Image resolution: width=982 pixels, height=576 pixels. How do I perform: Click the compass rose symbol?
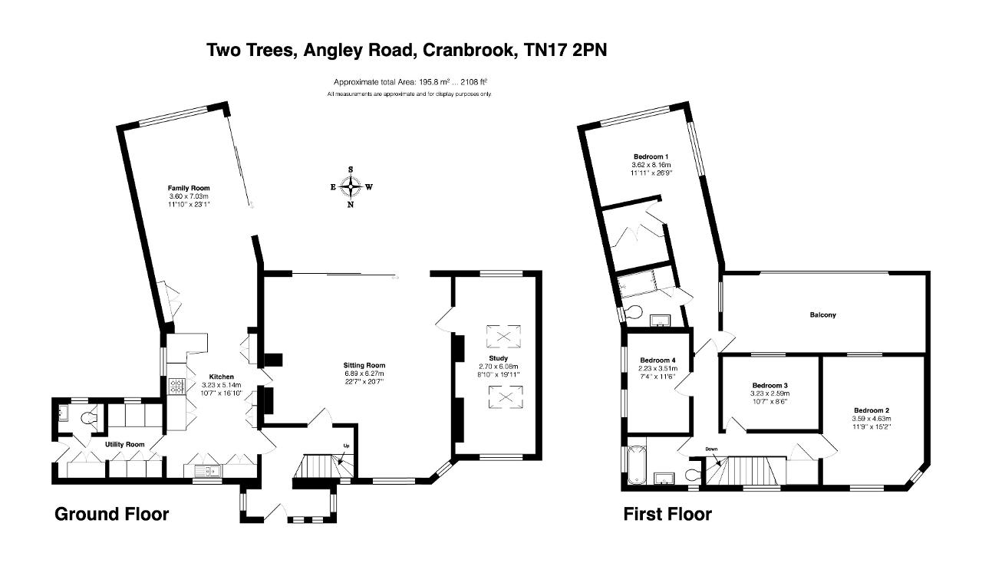351,187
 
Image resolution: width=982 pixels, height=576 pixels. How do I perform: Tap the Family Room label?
189,188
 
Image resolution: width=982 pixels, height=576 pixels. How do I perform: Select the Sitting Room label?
364,365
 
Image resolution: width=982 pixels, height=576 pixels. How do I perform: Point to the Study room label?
498,358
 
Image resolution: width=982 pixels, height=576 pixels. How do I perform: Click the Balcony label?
823,314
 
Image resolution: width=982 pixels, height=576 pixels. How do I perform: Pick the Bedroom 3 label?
769,386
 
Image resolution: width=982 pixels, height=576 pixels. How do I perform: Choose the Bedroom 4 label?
657,360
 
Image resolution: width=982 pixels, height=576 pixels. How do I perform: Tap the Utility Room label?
124,444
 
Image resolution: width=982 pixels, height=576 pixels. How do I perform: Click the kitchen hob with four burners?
176,387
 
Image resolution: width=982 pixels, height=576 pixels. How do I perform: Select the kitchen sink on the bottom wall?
209,471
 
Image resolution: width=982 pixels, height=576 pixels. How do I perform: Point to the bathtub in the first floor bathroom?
637,465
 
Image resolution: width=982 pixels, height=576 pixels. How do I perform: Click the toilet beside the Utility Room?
90,418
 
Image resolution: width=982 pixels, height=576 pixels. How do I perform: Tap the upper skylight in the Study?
503,336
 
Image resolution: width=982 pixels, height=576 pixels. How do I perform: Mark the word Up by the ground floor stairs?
346,446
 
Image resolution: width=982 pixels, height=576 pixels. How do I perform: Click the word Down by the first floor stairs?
711,449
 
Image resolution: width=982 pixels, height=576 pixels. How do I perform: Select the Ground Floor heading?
112,514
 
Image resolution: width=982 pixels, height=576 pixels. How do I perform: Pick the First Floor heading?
667,514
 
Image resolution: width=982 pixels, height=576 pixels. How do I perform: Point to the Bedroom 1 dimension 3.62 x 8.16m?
651,165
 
